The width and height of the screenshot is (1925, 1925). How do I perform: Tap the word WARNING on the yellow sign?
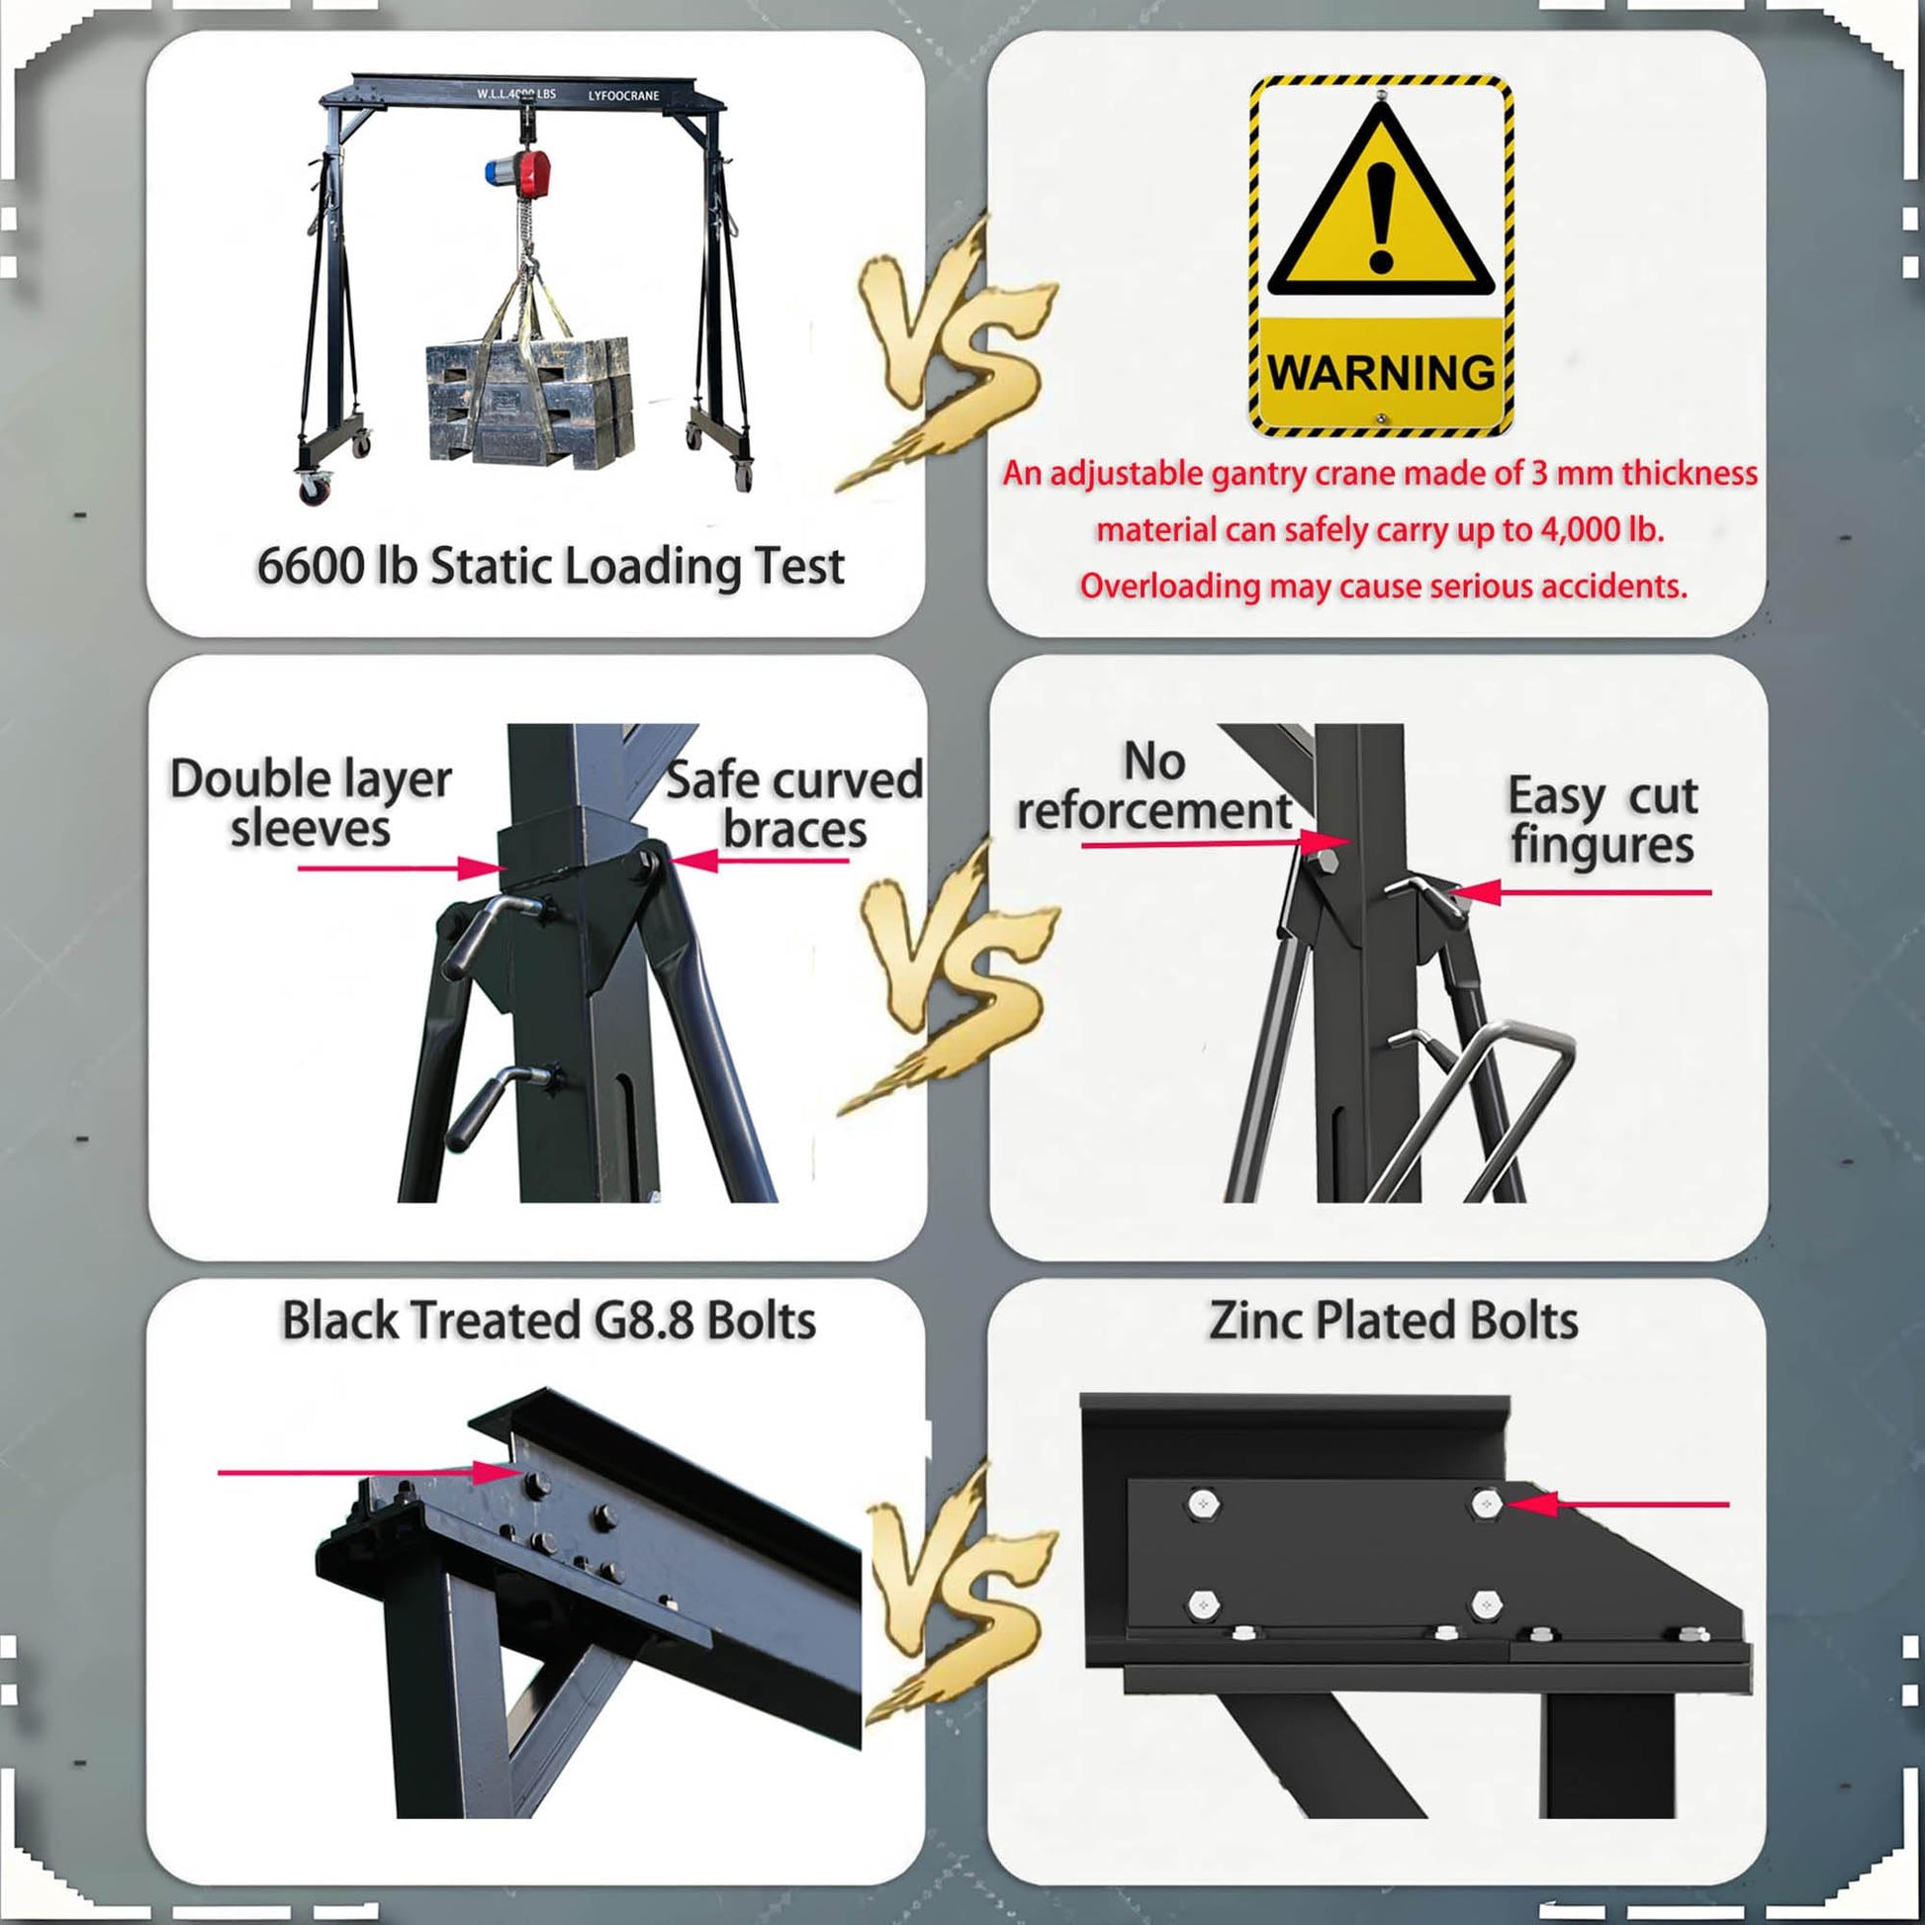(1381, 373)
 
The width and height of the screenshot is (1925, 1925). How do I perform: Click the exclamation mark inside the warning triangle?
(1381, 218)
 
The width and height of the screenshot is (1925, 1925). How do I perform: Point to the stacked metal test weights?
(529, 399)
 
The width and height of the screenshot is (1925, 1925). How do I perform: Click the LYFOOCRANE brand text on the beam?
(624, 96)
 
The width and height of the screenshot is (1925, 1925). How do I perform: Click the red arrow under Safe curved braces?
(758, 860)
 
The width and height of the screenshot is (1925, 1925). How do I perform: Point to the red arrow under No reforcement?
(1215, 843)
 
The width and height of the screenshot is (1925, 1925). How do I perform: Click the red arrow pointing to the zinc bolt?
(1617, 1504)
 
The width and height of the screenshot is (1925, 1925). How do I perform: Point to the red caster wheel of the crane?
(315, 489)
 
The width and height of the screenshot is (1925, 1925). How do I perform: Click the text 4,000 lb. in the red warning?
(1603, 529)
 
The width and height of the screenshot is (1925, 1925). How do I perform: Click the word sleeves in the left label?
(310, 829)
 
